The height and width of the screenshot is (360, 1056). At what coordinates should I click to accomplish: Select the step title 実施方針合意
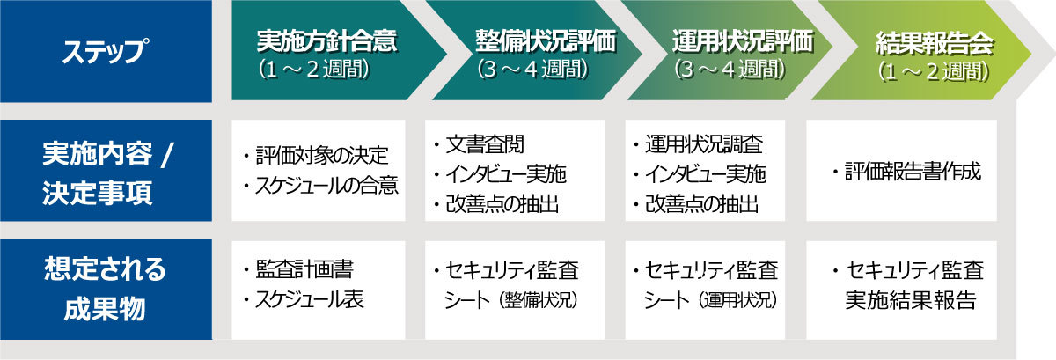click(326, 41)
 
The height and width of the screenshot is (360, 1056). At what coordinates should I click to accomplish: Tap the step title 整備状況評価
click(546, 41)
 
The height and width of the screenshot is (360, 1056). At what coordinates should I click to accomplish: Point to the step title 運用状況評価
click(743, 41)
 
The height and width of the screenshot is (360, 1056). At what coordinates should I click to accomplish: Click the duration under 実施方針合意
click(313, 70)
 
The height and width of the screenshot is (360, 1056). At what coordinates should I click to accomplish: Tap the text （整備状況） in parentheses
click(540, 300)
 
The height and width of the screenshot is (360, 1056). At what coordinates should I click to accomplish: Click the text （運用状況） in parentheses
click(738, 300)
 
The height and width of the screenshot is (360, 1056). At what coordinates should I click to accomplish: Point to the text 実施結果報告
click(910, 300)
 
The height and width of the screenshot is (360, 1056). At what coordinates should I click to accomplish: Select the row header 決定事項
click(97, 193)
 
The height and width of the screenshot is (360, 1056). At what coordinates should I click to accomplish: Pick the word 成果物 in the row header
click(105, 309)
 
